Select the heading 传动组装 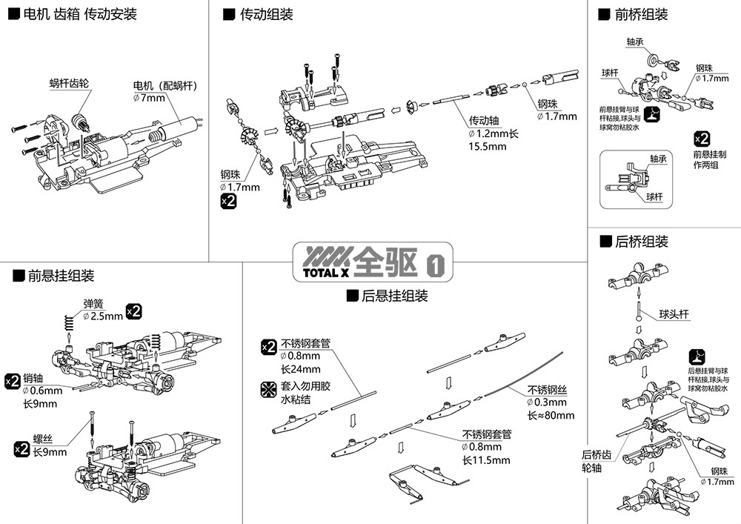[266, 14]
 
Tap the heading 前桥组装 [641, 14]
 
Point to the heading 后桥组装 [641, 242]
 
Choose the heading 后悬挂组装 [394, 296]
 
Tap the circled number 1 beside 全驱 [436, 262]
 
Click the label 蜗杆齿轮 [69, 84]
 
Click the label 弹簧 [93, 303]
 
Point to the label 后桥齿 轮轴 [595, 461]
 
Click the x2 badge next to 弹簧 [134, 311]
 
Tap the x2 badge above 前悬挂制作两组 [702, 139]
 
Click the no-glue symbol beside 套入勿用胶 [269, 388]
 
